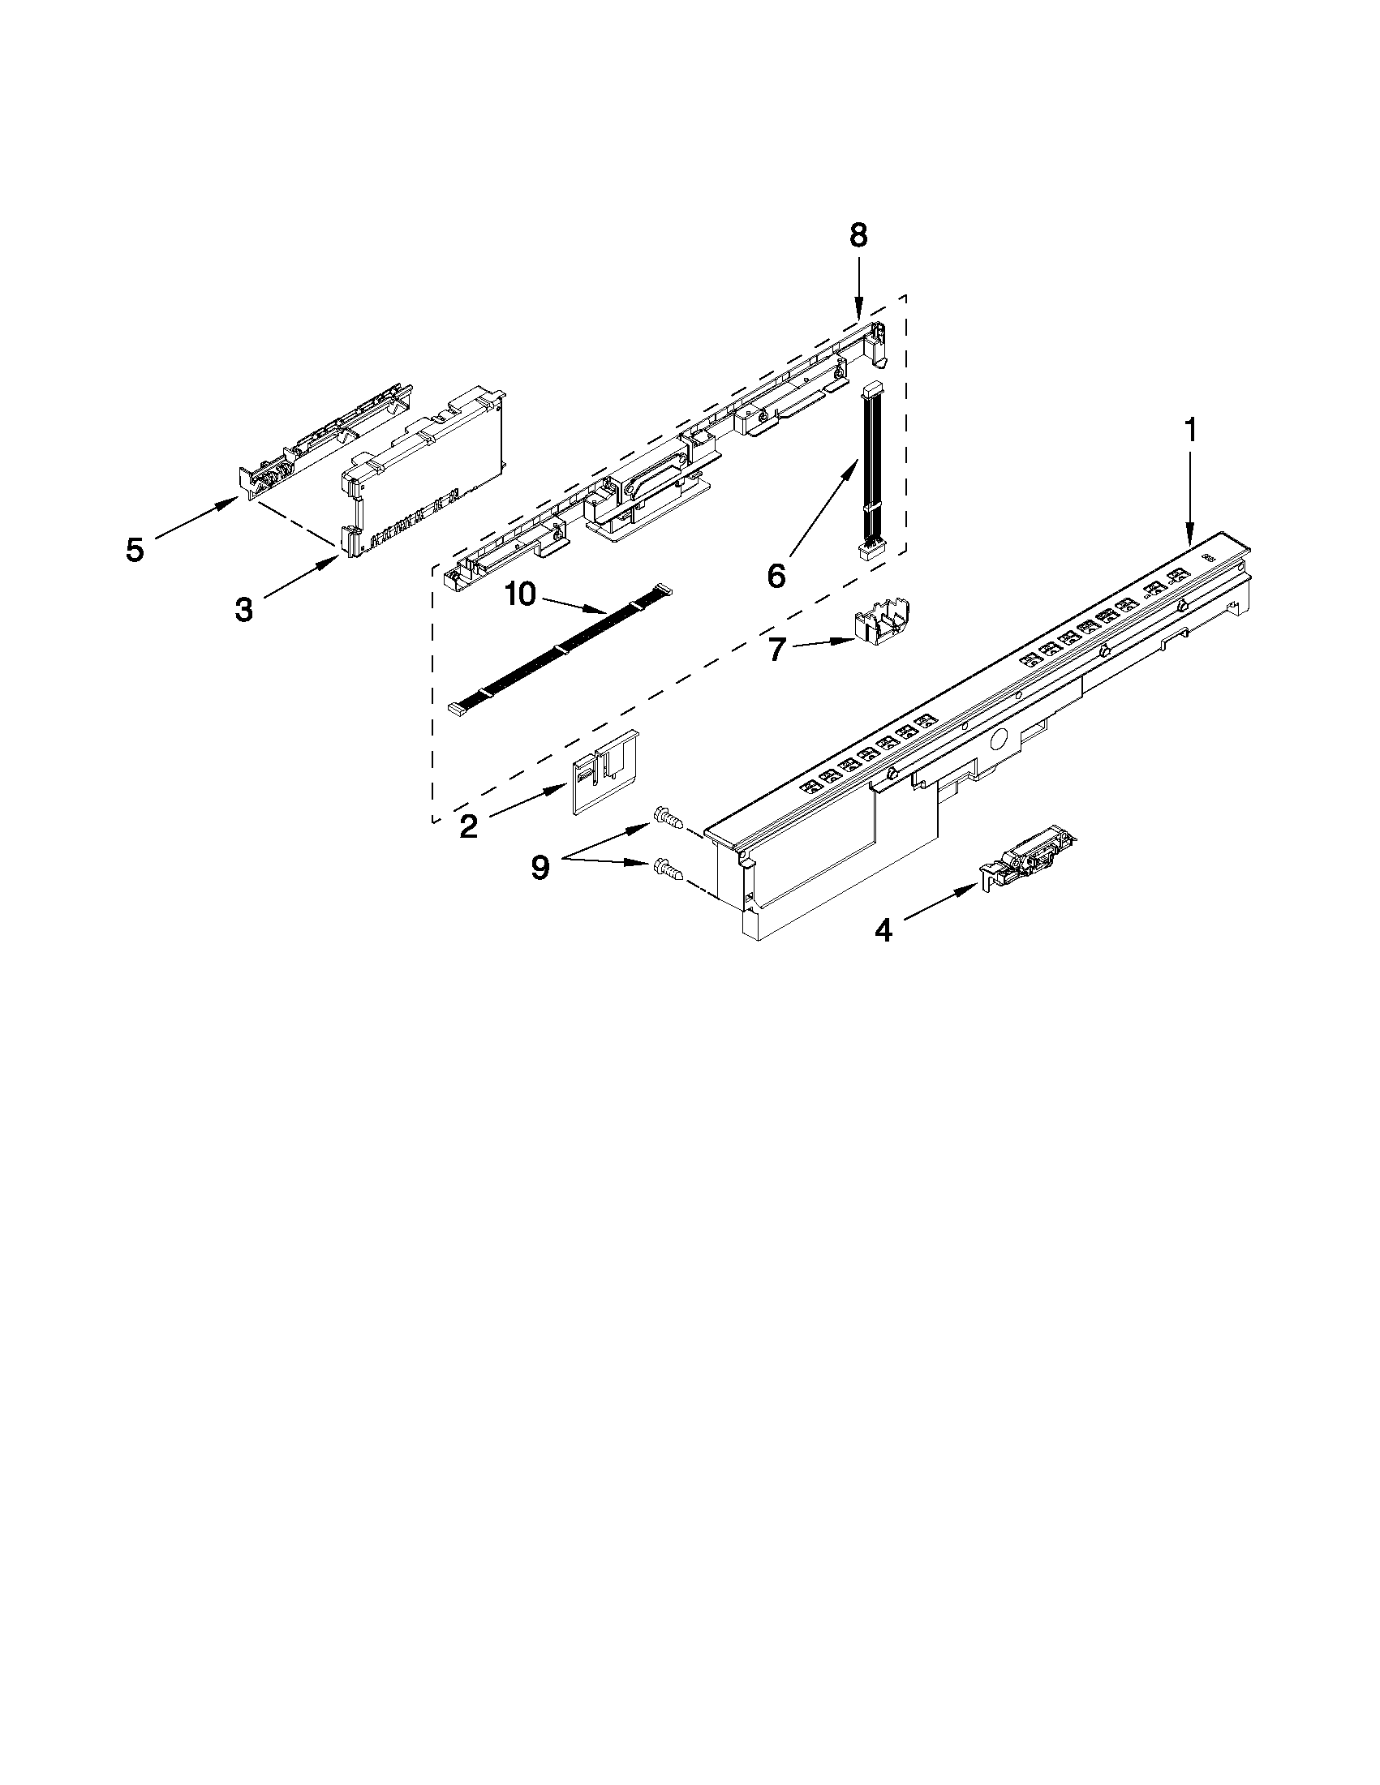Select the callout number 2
(x=468, y=826)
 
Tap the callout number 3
(x=243, y=609)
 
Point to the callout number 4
(x=883, y=929)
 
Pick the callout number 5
(x=135, y=549)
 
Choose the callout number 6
(x=776, y=575)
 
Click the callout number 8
(x=858, y=235)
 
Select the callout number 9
(x=540, y=866)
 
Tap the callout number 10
(x=520, y=594)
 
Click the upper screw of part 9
(x=666, y=817)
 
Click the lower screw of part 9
(x=667, y=870)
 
